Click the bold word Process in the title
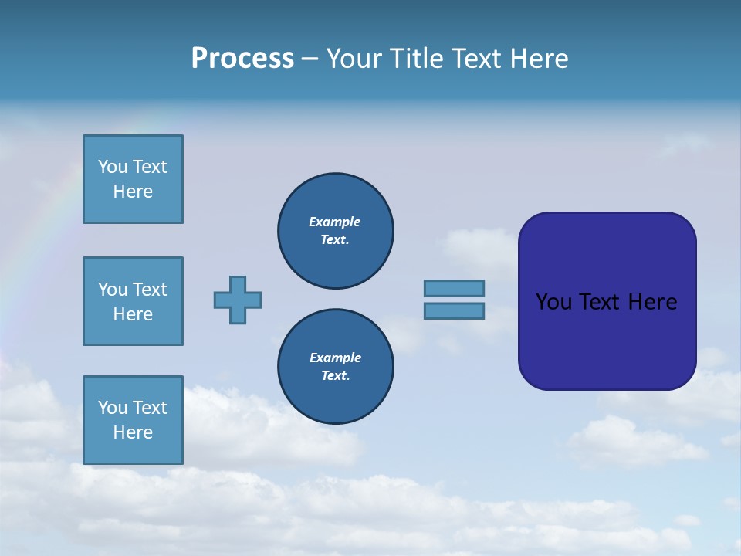click(x=242, y=59)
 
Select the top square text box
click(x=133, y=179)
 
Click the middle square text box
click(x=133, y=301)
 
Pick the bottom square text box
click(x=133, y=420)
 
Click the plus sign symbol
click(x=238, y=300)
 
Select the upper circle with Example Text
click(x=335, y=231)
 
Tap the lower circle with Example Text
click(x=335, y=367)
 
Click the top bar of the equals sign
click(x=454, y=288)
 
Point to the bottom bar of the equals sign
click(x=454, y=311)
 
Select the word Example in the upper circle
click(x=334, y=222)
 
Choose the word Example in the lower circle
click(x=335, y=358)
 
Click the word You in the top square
click(x=113, y=167)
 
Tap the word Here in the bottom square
click(x=133, y=432)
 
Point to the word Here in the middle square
click(x=133, y=314)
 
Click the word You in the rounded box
click(x=553, y=302)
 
